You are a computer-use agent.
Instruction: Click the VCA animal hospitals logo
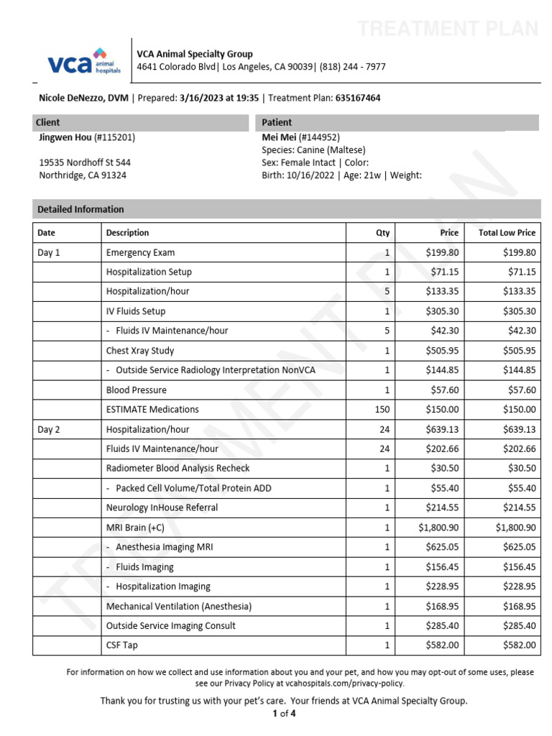coord(83,62)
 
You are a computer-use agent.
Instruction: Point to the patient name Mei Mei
coord(279,137)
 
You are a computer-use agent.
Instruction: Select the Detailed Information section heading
coord(80,209)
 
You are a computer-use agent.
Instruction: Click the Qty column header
coord(382,233)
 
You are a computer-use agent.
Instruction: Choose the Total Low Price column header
coord(507,233)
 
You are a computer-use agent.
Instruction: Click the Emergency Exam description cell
coord(140,252)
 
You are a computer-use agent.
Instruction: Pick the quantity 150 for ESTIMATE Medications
coord(382,410)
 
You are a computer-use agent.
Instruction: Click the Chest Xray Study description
coord(140,351)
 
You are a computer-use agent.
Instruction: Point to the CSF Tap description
coord(122,645)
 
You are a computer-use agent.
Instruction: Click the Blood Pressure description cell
coord(137,390)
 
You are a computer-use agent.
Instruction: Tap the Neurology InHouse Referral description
coord(162,507)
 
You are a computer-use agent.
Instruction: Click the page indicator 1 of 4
coord(283,714)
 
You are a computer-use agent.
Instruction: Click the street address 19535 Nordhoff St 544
coord(85,163)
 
